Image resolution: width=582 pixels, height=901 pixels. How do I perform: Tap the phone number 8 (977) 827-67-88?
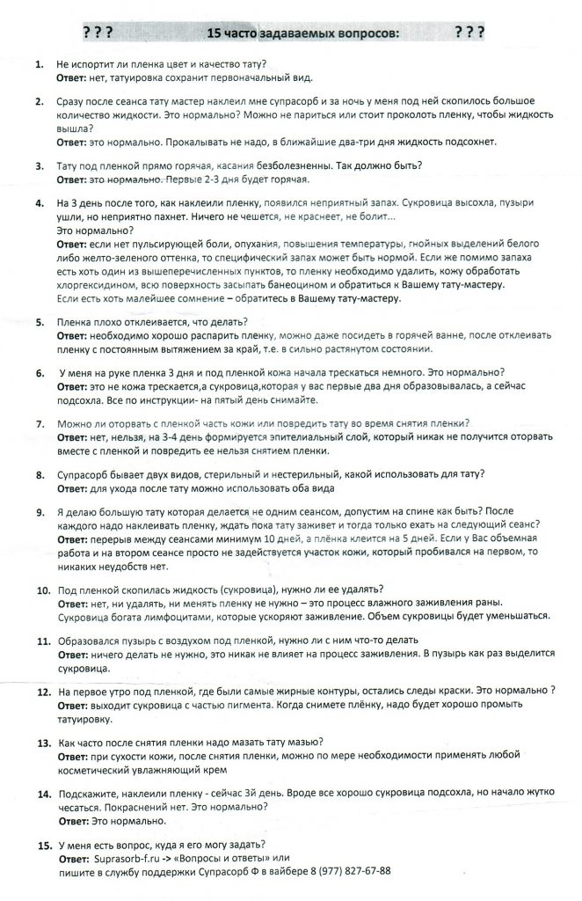coord(346,871)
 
